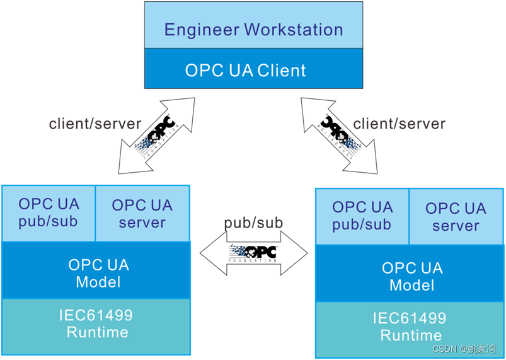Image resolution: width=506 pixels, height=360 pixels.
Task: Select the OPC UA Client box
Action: (253, 69)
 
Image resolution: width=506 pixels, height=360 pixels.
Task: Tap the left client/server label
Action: (95, 124)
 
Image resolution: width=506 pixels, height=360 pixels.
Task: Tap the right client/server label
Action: (399, 124)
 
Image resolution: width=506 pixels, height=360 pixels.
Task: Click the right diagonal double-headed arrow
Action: (340, 134)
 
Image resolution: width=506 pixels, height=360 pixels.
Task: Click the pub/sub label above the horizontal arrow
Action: (253, 223)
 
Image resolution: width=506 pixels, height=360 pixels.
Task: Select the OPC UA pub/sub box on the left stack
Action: (49, 213)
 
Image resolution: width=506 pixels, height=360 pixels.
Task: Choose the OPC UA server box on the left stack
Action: (142, 213)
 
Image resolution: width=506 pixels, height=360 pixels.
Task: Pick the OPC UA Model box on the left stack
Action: (98, 273)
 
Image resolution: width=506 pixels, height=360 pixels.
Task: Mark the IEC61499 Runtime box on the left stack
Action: (98, 323)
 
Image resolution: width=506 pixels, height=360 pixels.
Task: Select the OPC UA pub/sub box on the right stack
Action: (362, 216)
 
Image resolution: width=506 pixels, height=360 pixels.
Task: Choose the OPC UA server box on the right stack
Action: (456, 216)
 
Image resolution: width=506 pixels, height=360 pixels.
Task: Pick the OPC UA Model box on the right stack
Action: (411, 276)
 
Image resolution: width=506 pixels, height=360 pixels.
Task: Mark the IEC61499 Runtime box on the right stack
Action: (411, 327)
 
